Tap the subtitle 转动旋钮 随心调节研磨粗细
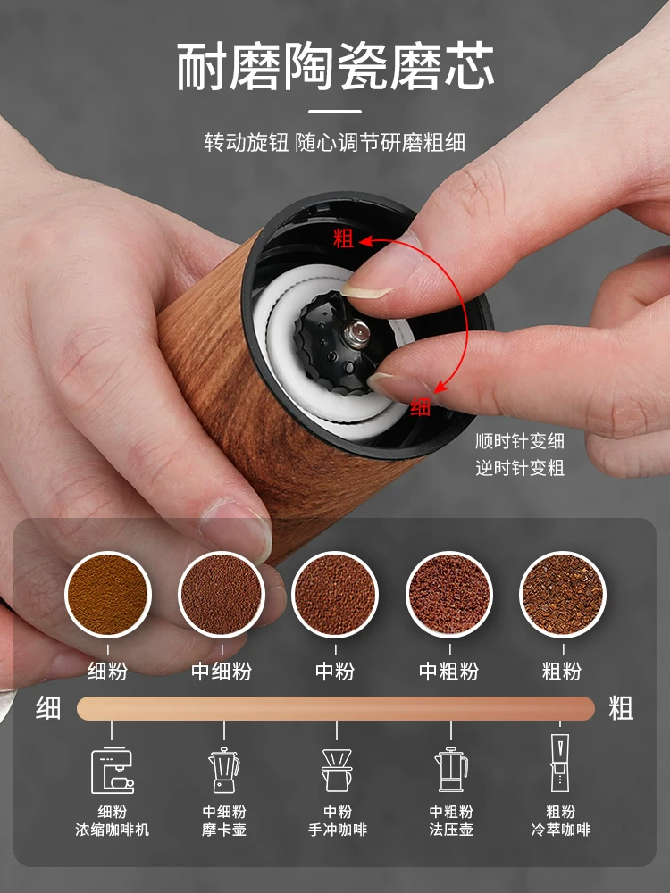pos(335,142)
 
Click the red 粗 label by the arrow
pos(343,238)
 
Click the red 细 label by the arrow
pos(421,406)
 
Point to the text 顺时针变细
pos(520,441)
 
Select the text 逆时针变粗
pos(520,468)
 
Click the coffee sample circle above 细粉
pos(108,594)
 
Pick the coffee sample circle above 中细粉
pos(222,594)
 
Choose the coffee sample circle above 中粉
pos(335,594)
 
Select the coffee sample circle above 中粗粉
pos(449,594)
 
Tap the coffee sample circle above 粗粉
pos(562,594)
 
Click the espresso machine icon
pos(112,770)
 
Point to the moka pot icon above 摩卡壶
pos(223,770)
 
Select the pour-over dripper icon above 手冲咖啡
pos(337,770)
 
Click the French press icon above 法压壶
pos(451,770)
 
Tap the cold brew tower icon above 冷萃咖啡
pos(560,764)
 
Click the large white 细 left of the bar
pos(48,709)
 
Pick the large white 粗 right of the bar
pos(621,709)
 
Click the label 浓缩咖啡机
pos(112,830)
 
